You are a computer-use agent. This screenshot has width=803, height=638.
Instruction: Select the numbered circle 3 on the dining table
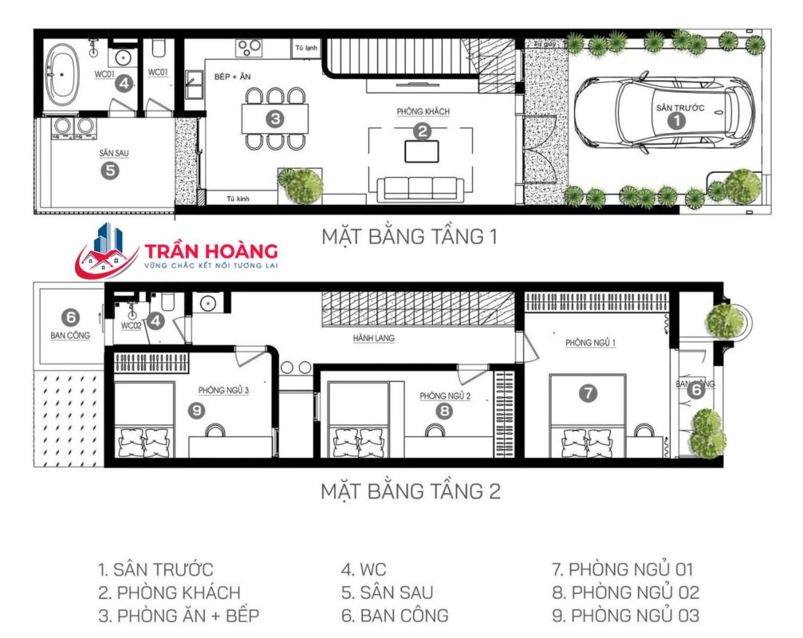tap(275, 120)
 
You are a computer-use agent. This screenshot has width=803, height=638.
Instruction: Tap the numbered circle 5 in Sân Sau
tap(110, 169)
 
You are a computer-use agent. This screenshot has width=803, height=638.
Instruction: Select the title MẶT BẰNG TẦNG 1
tap(410, 237)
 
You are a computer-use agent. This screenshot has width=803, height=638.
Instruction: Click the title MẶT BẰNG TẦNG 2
tap(410, 491)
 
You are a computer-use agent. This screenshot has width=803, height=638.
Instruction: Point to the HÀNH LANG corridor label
tap(374, 338)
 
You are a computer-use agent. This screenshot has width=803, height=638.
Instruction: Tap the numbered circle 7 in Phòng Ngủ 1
tap(587, 392)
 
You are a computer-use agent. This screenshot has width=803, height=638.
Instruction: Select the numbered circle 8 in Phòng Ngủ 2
tap(443, 412)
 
